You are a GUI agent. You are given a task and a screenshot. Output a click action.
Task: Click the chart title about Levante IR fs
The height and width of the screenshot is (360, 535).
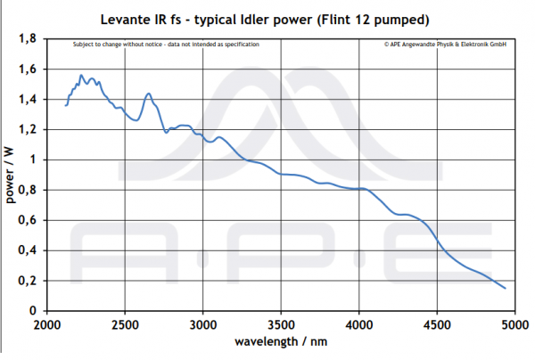(x=268, y=18)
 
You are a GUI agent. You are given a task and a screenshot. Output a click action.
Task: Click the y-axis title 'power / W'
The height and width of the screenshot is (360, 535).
(x=12, y=176)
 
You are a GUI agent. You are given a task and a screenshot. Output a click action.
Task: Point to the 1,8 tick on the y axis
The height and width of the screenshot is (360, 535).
(x=28, y=39)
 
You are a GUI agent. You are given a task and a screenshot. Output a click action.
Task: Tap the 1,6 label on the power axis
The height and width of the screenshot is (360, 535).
(x=28, y=70)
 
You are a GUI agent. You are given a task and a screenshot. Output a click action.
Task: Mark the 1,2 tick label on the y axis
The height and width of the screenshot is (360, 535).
(x=28, y=130)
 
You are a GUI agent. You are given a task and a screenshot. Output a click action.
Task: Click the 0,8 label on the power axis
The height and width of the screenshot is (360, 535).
(x=28, y=191)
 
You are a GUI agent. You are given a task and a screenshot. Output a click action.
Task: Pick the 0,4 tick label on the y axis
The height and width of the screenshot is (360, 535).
(x=28, y=250)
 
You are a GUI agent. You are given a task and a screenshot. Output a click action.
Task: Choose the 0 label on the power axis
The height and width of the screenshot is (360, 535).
(x=34, y=311)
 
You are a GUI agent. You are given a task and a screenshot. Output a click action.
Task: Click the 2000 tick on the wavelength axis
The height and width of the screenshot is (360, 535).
(x=46, y=324)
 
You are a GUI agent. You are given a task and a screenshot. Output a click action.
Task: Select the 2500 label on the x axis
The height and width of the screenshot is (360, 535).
(x=125, y=324)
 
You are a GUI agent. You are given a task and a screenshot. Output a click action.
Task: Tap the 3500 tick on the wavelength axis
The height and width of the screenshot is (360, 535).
(x=281, y=324)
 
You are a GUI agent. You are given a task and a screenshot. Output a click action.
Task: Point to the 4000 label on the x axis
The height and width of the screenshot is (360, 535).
(x=359, y=324)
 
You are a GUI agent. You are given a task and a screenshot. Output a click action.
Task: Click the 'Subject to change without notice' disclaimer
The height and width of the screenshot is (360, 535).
(x=165, y=44)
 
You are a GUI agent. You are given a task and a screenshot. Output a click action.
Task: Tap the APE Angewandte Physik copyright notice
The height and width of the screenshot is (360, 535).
(x=445, y=44)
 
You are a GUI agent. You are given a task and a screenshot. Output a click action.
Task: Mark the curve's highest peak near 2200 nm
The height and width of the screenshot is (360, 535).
(x=81, y=76)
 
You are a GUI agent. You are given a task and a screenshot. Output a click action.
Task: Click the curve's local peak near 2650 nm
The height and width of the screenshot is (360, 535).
(x=148, y=94)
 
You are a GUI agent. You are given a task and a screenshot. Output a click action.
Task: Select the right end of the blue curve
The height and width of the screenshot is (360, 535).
(x=505, y=288)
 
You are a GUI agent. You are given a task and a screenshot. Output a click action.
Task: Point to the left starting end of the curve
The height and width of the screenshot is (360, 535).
(x=66, y=105)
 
